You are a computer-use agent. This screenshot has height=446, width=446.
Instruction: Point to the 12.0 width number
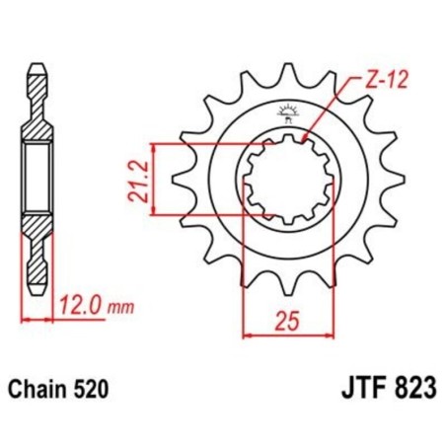point(80,307)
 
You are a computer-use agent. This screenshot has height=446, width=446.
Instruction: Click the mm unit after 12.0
point(119,308)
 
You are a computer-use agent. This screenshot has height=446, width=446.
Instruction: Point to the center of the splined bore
point(287,179)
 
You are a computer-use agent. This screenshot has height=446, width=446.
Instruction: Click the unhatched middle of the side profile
point(37,179)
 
